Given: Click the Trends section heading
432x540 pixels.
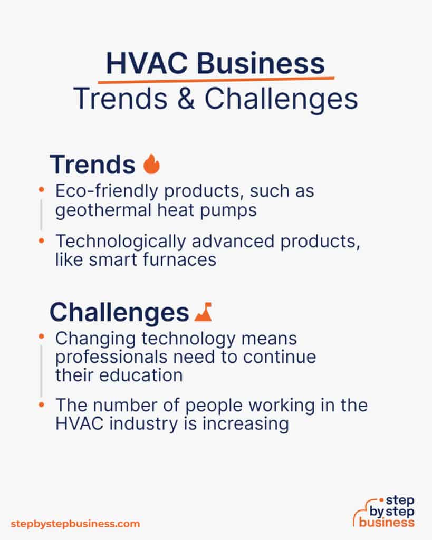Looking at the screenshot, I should [x=93, y=165].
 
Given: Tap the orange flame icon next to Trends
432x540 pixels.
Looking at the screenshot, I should [x=151, y=165].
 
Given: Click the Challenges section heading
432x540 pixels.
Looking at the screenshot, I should [x=119, y=313].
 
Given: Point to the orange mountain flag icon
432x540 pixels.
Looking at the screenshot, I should [x=203, y=313].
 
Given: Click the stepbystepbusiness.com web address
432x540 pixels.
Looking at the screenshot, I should [x=75, y=524].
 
